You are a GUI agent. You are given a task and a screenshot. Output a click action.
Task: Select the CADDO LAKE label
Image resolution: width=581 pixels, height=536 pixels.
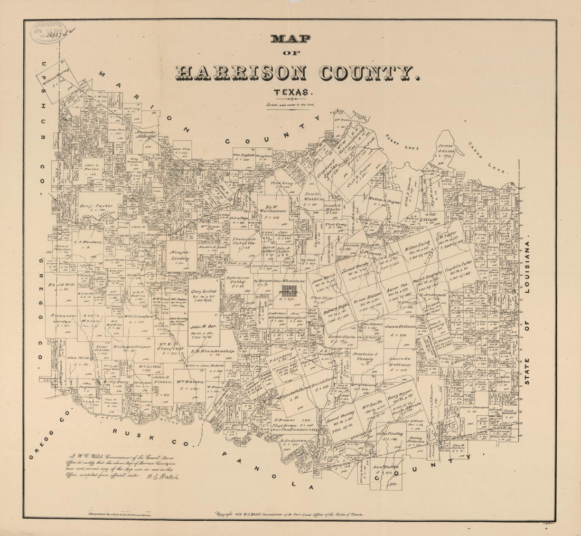click(x=488, y=157)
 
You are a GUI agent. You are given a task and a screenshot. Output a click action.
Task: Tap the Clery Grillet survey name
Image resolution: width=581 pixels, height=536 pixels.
click(x=204, y=291)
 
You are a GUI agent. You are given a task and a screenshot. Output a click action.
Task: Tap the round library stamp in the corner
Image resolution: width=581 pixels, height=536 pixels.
click(x=48, y=32)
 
